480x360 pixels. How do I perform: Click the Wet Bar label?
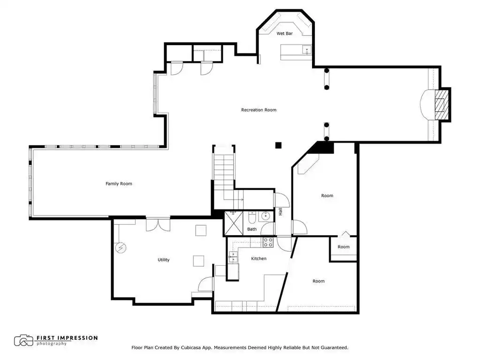click(x=284, y=33)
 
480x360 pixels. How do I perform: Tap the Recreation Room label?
click(x=259, y=109)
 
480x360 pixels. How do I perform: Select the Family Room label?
click(x=119, y=184)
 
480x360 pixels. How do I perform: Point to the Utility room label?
click(x=163, y=260)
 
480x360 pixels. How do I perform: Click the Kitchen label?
click(x=259, y=258)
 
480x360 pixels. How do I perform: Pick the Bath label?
click(x=252, y=229)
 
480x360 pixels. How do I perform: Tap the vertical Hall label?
click(x=281, y=211)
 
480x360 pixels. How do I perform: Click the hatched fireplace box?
click(x=442, y=105)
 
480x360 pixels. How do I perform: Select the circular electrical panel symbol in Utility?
click(x=121, y=248)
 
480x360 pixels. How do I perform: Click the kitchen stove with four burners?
click(x=268, y=242)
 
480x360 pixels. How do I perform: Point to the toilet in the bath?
click(x=252, y=217)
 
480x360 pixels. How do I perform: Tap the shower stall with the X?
click(x=234, y=223)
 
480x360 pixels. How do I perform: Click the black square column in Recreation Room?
click(x=278, y=145)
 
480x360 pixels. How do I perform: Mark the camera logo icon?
click(x=23, y=340)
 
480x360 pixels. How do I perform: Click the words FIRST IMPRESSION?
click(x=67, y=338)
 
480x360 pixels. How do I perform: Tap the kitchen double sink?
click(x=233, y=257)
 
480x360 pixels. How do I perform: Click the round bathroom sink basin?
click(x=265, y=216)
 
